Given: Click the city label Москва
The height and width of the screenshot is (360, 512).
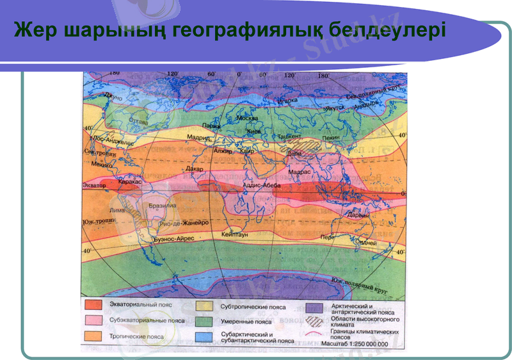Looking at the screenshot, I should (x=247, y=118).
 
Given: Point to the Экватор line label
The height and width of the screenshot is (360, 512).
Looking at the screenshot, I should (x=94, y=185).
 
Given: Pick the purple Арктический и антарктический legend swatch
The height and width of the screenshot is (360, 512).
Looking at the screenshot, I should (x=315, y=307).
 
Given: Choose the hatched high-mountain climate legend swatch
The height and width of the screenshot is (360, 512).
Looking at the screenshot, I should (x=315, y=322).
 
